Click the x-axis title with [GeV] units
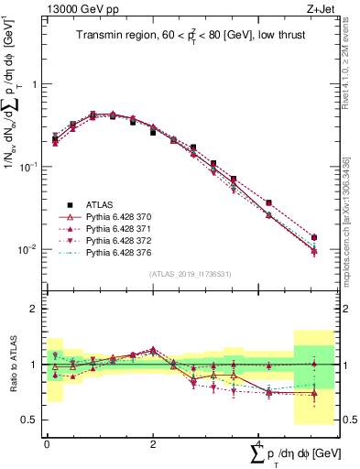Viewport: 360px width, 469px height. click(x=284, y=453)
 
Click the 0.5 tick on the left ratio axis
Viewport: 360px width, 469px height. click(x=30, y=420)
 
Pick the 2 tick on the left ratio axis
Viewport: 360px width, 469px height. click(x=34, y=309)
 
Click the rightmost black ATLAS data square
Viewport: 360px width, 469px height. click(x=314, y=237)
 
